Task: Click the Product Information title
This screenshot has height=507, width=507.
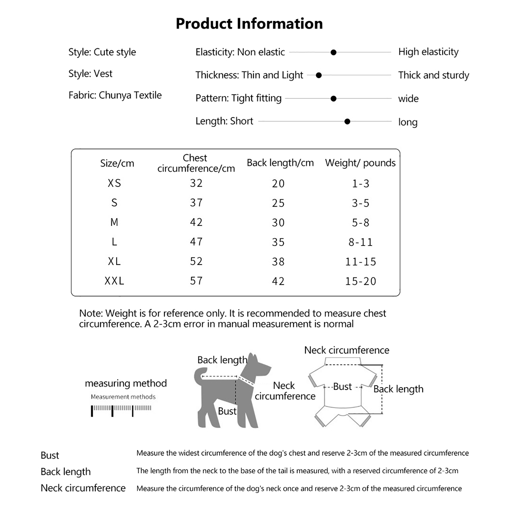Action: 249,24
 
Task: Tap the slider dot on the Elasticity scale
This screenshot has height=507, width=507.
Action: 333,53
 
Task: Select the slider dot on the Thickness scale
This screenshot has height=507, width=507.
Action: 319,75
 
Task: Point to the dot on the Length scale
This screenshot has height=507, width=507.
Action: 347,122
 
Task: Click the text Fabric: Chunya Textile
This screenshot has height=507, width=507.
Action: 115,95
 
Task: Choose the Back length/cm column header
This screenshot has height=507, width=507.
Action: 280,163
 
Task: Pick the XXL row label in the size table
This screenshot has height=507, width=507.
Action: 114,281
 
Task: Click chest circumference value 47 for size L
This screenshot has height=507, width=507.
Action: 196,242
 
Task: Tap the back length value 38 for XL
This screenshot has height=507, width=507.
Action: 278,262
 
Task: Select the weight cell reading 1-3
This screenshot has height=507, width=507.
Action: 361,184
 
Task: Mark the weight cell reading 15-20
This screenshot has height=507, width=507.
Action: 361,281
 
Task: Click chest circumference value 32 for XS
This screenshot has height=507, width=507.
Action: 196,183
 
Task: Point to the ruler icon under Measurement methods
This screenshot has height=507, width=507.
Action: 121,410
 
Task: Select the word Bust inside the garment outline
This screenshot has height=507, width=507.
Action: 342,387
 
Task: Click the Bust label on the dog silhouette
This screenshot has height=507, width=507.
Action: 227,411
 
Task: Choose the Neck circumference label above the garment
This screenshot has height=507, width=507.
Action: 347,350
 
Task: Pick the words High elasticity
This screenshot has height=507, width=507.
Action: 428,52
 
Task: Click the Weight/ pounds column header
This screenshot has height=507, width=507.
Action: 360,163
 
